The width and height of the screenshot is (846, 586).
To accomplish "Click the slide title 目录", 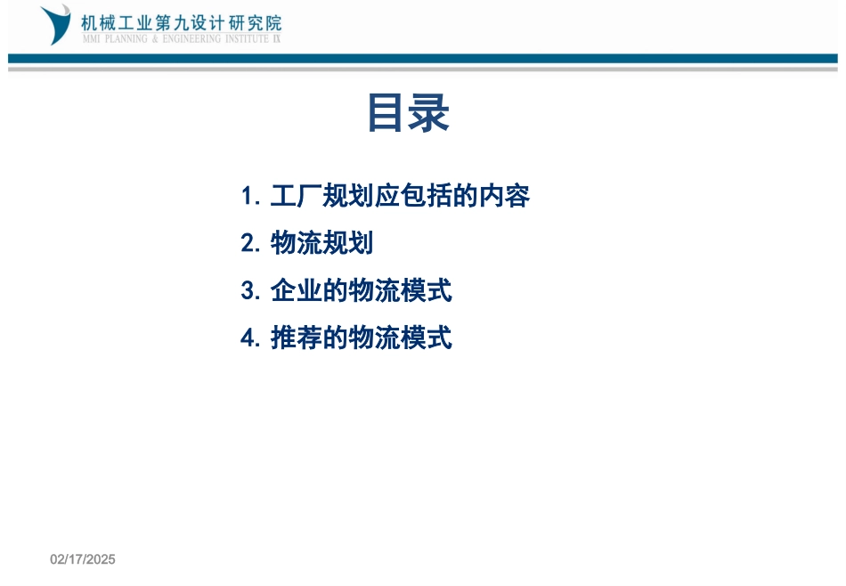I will pos(408,115).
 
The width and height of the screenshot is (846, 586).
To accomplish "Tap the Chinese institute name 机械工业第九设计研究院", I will pos(181,22).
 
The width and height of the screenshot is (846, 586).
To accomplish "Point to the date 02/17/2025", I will pos(83,559).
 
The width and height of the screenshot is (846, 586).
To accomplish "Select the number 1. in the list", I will pos(250,196).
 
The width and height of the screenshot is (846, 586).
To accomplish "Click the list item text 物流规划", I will pos(321,243).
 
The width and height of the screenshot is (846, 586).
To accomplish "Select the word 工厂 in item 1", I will pos(296,196).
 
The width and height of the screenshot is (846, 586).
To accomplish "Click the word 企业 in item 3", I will pos(296,290).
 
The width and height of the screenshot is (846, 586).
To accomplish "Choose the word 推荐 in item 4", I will pos(296,338).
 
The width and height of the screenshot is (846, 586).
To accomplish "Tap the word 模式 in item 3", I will pos(426,290).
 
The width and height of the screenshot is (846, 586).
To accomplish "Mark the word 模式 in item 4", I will pos(426,338).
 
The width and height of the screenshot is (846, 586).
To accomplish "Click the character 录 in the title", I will pos(429,115).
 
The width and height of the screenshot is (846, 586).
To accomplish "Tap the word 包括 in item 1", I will pos(426,196).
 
